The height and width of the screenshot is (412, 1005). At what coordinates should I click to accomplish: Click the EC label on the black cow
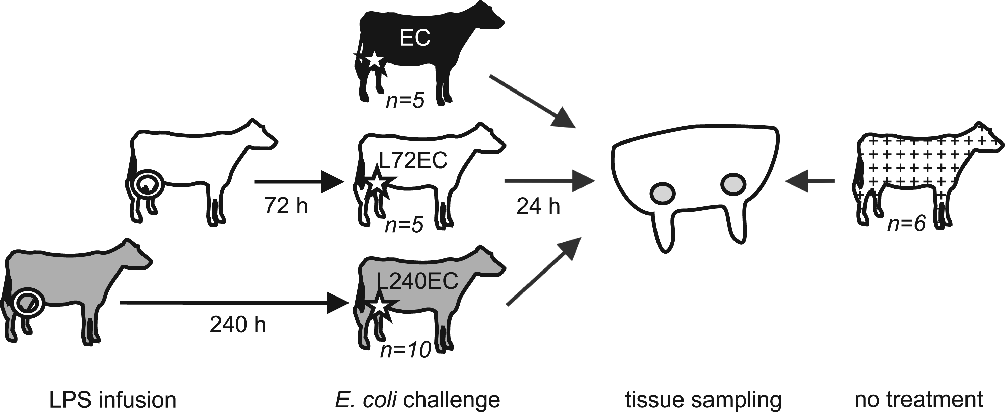(x=415, y=38)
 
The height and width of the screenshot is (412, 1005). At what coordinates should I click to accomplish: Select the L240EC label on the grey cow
(x=417, y=281)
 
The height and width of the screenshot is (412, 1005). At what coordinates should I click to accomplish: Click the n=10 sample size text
(x=406, y=350)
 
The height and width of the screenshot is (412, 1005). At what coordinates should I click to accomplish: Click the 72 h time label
(x=286, y=205)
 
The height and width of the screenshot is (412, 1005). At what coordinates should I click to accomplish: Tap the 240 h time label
(x=238, y=325)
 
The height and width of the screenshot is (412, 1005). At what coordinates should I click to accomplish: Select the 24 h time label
(x=538, y=206)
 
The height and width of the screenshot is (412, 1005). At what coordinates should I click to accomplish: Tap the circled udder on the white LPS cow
(x=148, y=183)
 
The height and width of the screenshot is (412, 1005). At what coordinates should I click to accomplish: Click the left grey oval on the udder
(x=663, y=193)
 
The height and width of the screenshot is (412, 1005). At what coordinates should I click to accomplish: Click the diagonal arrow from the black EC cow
(x=533, y=101)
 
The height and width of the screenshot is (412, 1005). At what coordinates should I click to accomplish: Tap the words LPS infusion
(x=112, y=400)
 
